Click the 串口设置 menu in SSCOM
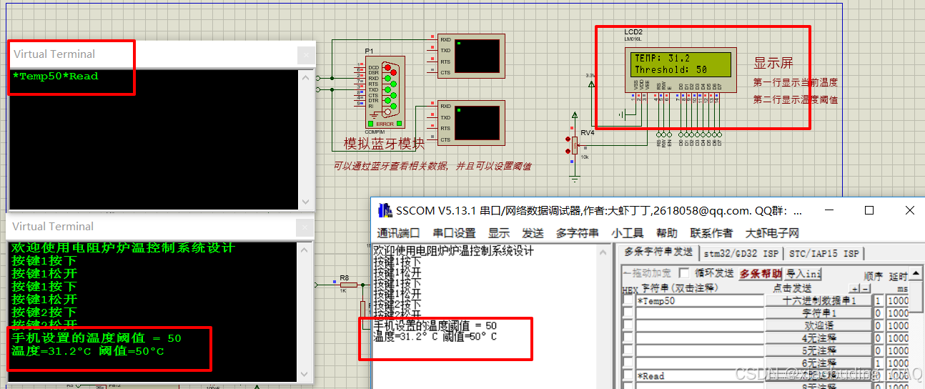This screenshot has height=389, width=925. pyautogui.click(x=454, y=233)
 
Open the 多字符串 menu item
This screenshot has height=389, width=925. pyautogui.click(x=578, y=233)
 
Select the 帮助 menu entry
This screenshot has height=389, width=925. pyautogui.click(x=666, y=233)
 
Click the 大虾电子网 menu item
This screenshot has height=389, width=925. pyautogui.click(x=772, y=233)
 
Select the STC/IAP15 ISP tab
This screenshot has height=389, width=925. pyautogui.click(x=824, y=253)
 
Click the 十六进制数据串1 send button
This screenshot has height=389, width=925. pyautogui.click(x=818, y=301)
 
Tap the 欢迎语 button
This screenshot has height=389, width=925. pyautogui.click(x=818, y=325)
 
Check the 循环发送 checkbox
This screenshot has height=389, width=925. pyautogui.click(x=684, y=273)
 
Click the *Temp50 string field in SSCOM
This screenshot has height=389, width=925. pyautogui.click(x=699, y=301)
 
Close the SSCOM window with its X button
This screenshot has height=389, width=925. pyautogui.click(x=909, y=210)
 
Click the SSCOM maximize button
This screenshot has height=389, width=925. pyautogui.click(x=869, y=210)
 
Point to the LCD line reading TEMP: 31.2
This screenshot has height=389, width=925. pyautogui.click(x=662, y=58)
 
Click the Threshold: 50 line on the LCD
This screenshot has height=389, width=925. pyautogui.click(x=671, y=70)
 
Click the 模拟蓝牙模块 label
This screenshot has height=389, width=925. pyautogui.click(x=384, y=144)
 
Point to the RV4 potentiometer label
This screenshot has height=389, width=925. pyautogui.click(x=587, y=132)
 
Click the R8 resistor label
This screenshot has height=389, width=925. pyautogui.click(x=344, y=278)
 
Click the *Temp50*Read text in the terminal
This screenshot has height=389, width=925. pyautogui.click(x=55, y=77)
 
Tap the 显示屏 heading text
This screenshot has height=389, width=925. pyautogui.click(x=773, y=63)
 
